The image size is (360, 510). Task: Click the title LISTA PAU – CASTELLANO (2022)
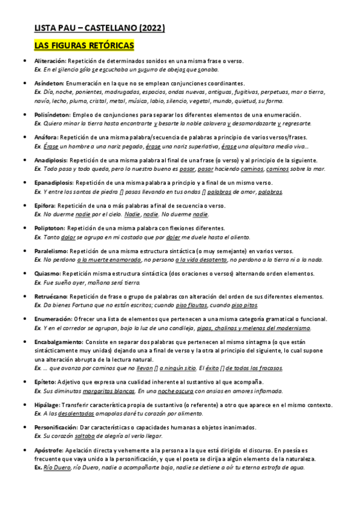(x=99, y=28)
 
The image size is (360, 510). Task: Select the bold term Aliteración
(x=50, y=61)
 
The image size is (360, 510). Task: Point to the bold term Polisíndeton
(x=52, y=115)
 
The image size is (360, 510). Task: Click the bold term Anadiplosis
(x=51, y=161)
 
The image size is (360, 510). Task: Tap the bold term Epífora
(x=46, y=206)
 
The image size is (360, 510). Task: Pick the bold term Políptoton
(x=50, y=229)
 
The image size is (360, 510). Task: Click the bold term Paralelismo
(x=51, y=251)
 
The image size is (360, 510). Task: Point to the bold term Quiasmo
(x=47, y=274)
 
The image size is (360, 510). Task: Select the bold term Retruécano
(x=51, y=296)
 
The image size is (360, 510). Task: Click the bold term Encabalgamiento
(x=58, y=342)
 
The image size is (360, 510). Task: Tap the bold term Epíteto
(x=45, y=382)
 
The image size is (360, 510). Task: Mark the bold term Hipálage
(x=47, y=405)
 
